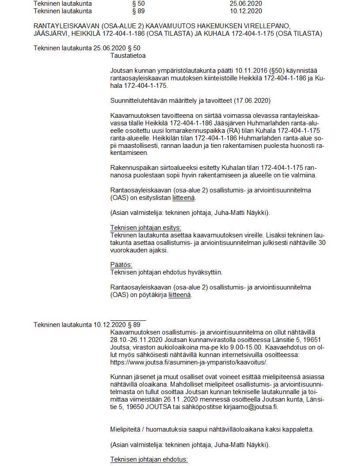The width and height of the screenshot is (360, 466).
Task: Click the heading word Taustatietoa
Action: pos(127,56)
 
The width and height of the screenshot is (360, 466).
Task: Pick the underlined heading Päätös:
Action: pos(121,265)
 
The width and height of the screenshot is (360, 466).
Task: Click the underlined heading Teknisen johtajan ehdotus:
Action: pos(149,459)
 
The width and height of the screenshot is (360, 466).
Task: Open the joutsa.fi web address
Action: pos(189,362)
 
